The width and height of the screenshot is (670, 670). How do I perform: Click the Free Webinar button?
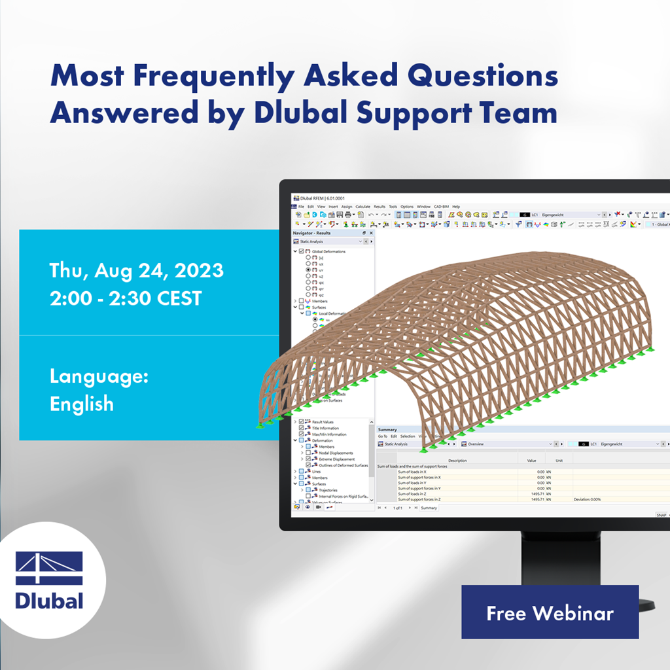550,612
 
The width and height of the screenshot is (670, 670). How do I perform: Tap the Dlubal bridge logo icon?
49,568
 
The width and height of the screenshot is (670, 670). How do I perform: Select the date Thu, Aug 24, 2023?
136,270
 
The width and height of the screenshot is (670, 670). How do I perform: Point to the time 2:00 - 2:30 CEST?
125,298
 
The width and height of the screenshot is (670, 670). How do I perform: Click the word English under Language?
82,403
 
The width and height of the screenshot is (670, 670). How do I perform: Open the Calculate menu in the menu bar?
362,207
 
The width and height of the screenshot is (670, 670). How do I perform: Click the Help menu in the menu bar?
456,207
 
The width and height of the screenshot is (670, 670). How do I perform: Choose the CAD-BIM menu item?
442,207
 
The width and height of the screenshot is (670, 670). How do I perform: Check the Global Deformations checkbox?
301,251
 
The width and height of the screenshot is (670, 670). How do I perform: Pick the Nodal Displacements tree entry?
336,453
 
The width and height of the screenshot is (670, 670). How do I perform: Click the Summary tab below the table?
429,508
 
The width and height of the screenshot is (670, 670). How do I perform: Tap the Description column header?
457,460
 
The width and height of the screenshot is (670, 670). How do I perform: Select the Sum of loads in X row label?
412,471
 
